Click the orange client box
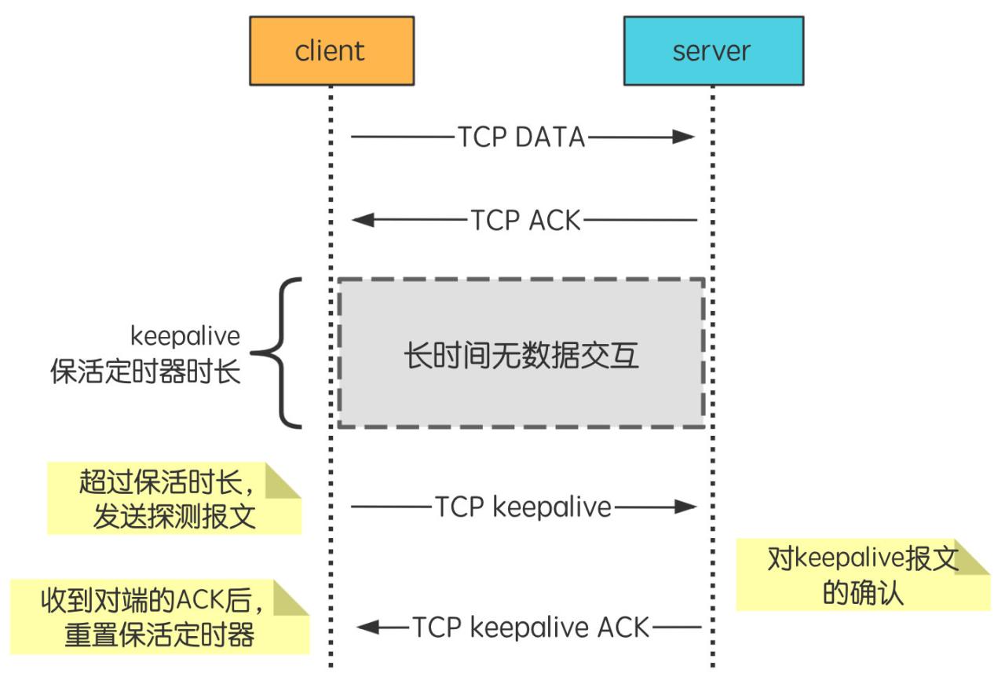pyautogui.click(x=331, y=51)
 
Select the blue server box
pyautogui.click(x=713, y=51)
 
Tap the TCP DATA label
pyautogui.click(x=521, y=137)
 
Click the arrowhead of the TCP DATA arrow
pyautogui.click(x=684, y=137)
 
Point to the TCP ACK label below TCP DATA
pyautogui.click(x=525, y=221)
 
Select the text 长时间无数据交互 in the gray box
pyautogui.click(x=521, y=356)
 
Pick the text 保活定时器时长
pyautogui.click(x=145, y=371)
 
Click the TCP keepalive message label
pyautogui.click(x=523, y=507)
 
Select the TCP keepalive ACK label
pyautogui.click(x=532, y=628)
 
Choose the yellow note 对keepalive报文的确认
pyautogui.click(x=862, y=575)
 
